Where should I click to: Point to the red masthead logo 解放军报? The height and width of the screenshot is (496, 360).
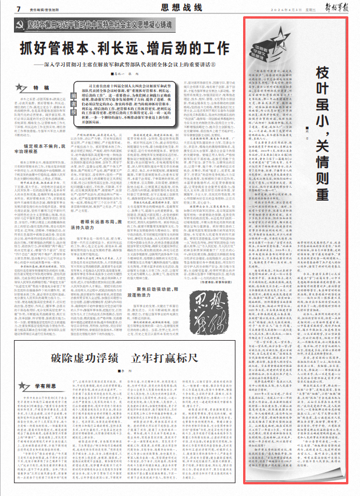334,8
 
